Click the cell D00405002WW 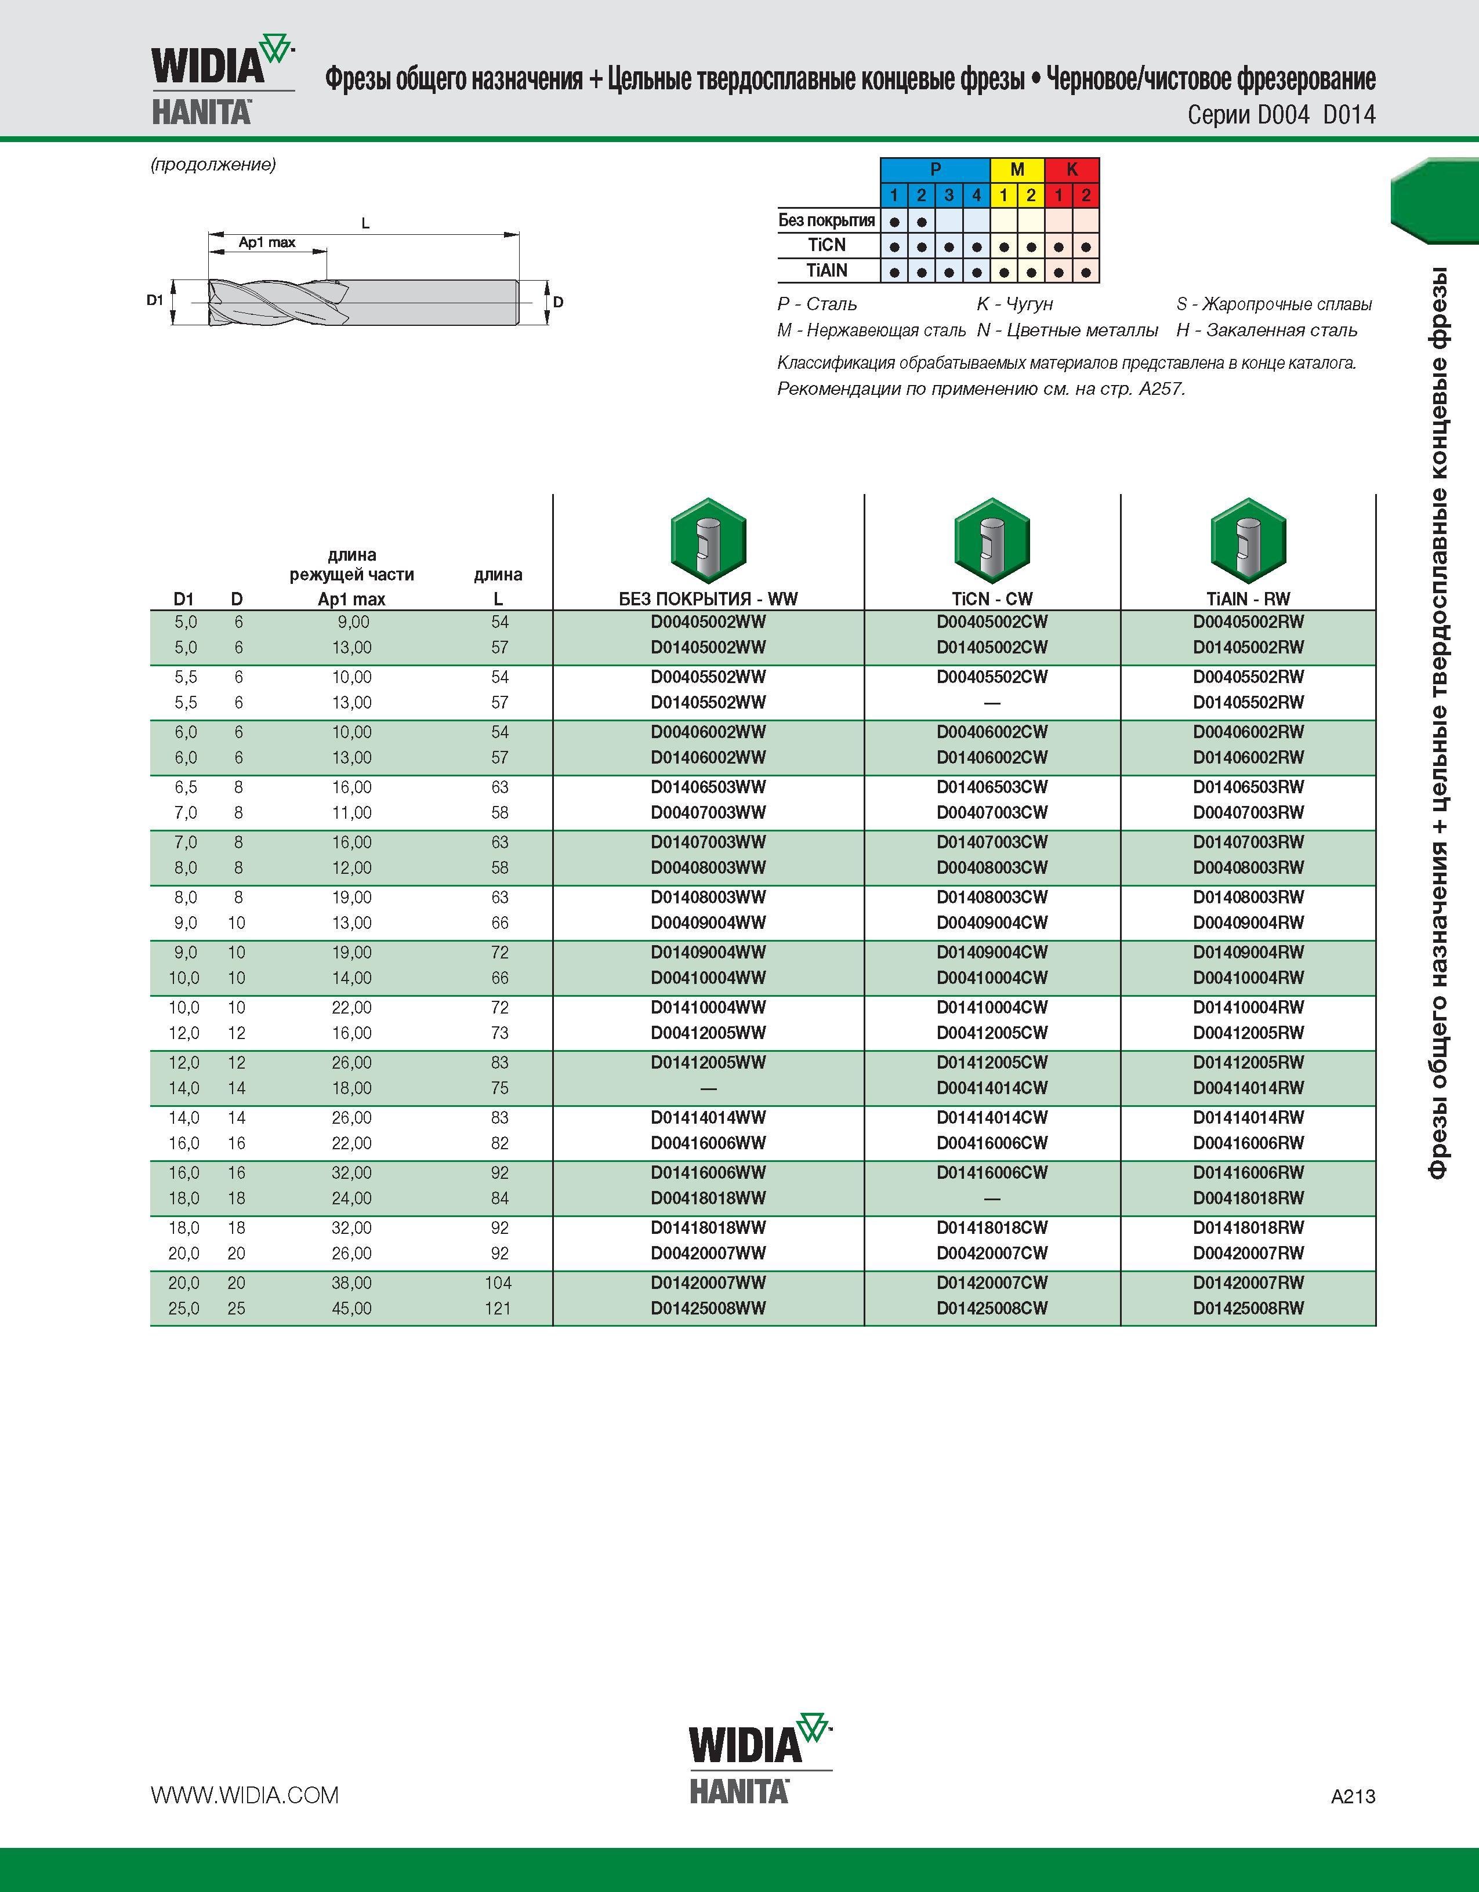pyautogui.click(x=708, y=622)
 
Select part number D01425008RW pyautogui.click(x=1248, y=1308)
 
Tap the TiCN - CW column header pyautogui.click(x=992, y=598)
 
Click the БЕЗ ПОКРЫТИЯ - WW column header pyautogui.click(x=708, y=598)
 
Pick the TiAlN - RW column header pyautogui.click(x=1248, y=598)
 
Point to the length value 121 pyautogui.click(x=498, y=1308)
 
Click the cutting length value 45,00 pyautogui.click(x=352, y=1308)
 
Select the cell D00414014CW pyautogui.click(x=992, y=1088)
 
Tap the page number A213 pyautogui.click(x=1353, y=1797)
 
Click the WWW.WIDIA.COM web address pyautogui.click(x=244, y=1795)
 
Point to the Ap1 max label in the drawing pyautogui.click(x=267, y=242)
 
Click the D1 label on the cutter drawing pyautogui.click(x=155, y=300)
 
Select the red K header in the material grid pyautogui.click(x=1072, y=170)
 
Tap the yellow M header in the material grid pyautogui.click(x=1017, y=170)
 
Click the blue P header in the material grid pyautogui.click(x=935, y=170)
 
